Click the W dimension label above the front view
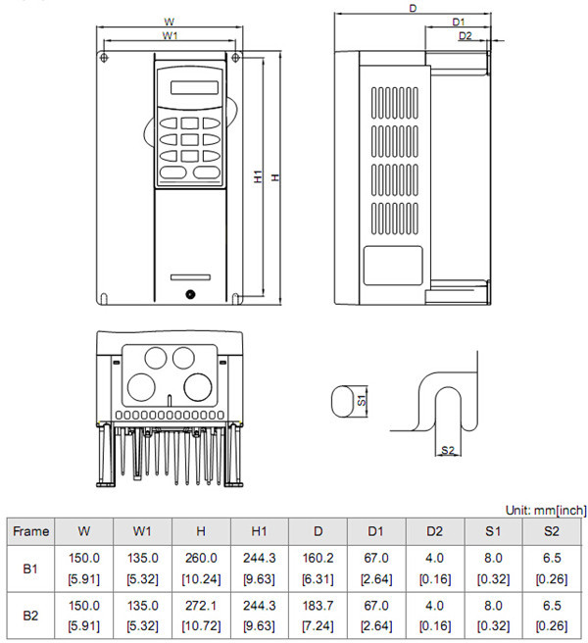pyautogui.click(x=169, y=21)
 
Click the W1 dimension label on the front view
pyautogui.click(x=169, y=35)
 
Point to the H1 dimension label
pyautogui.click(x=258, y=177)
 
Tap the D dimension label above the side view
pyautogui.click(x=413, y=8)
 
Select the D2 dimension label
pyautogui.click(x=465, y=36)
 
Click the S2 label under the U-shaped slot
pyautogui.click(x=448, y=450)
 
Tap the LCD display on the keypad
pyautogui.click(x=191, y=86)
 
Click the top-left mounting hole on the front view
pyautogui.click(x=106, y=58)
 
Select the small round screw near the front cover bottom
pyautogui.click(x=190, y=293)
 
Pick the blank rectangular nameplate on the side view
pyautogui.click(x=394, y=264)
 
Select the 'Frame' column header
pyautogui.click(x=30, y=531)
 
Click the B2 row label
pyautogui.click(x=30, y=617)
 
